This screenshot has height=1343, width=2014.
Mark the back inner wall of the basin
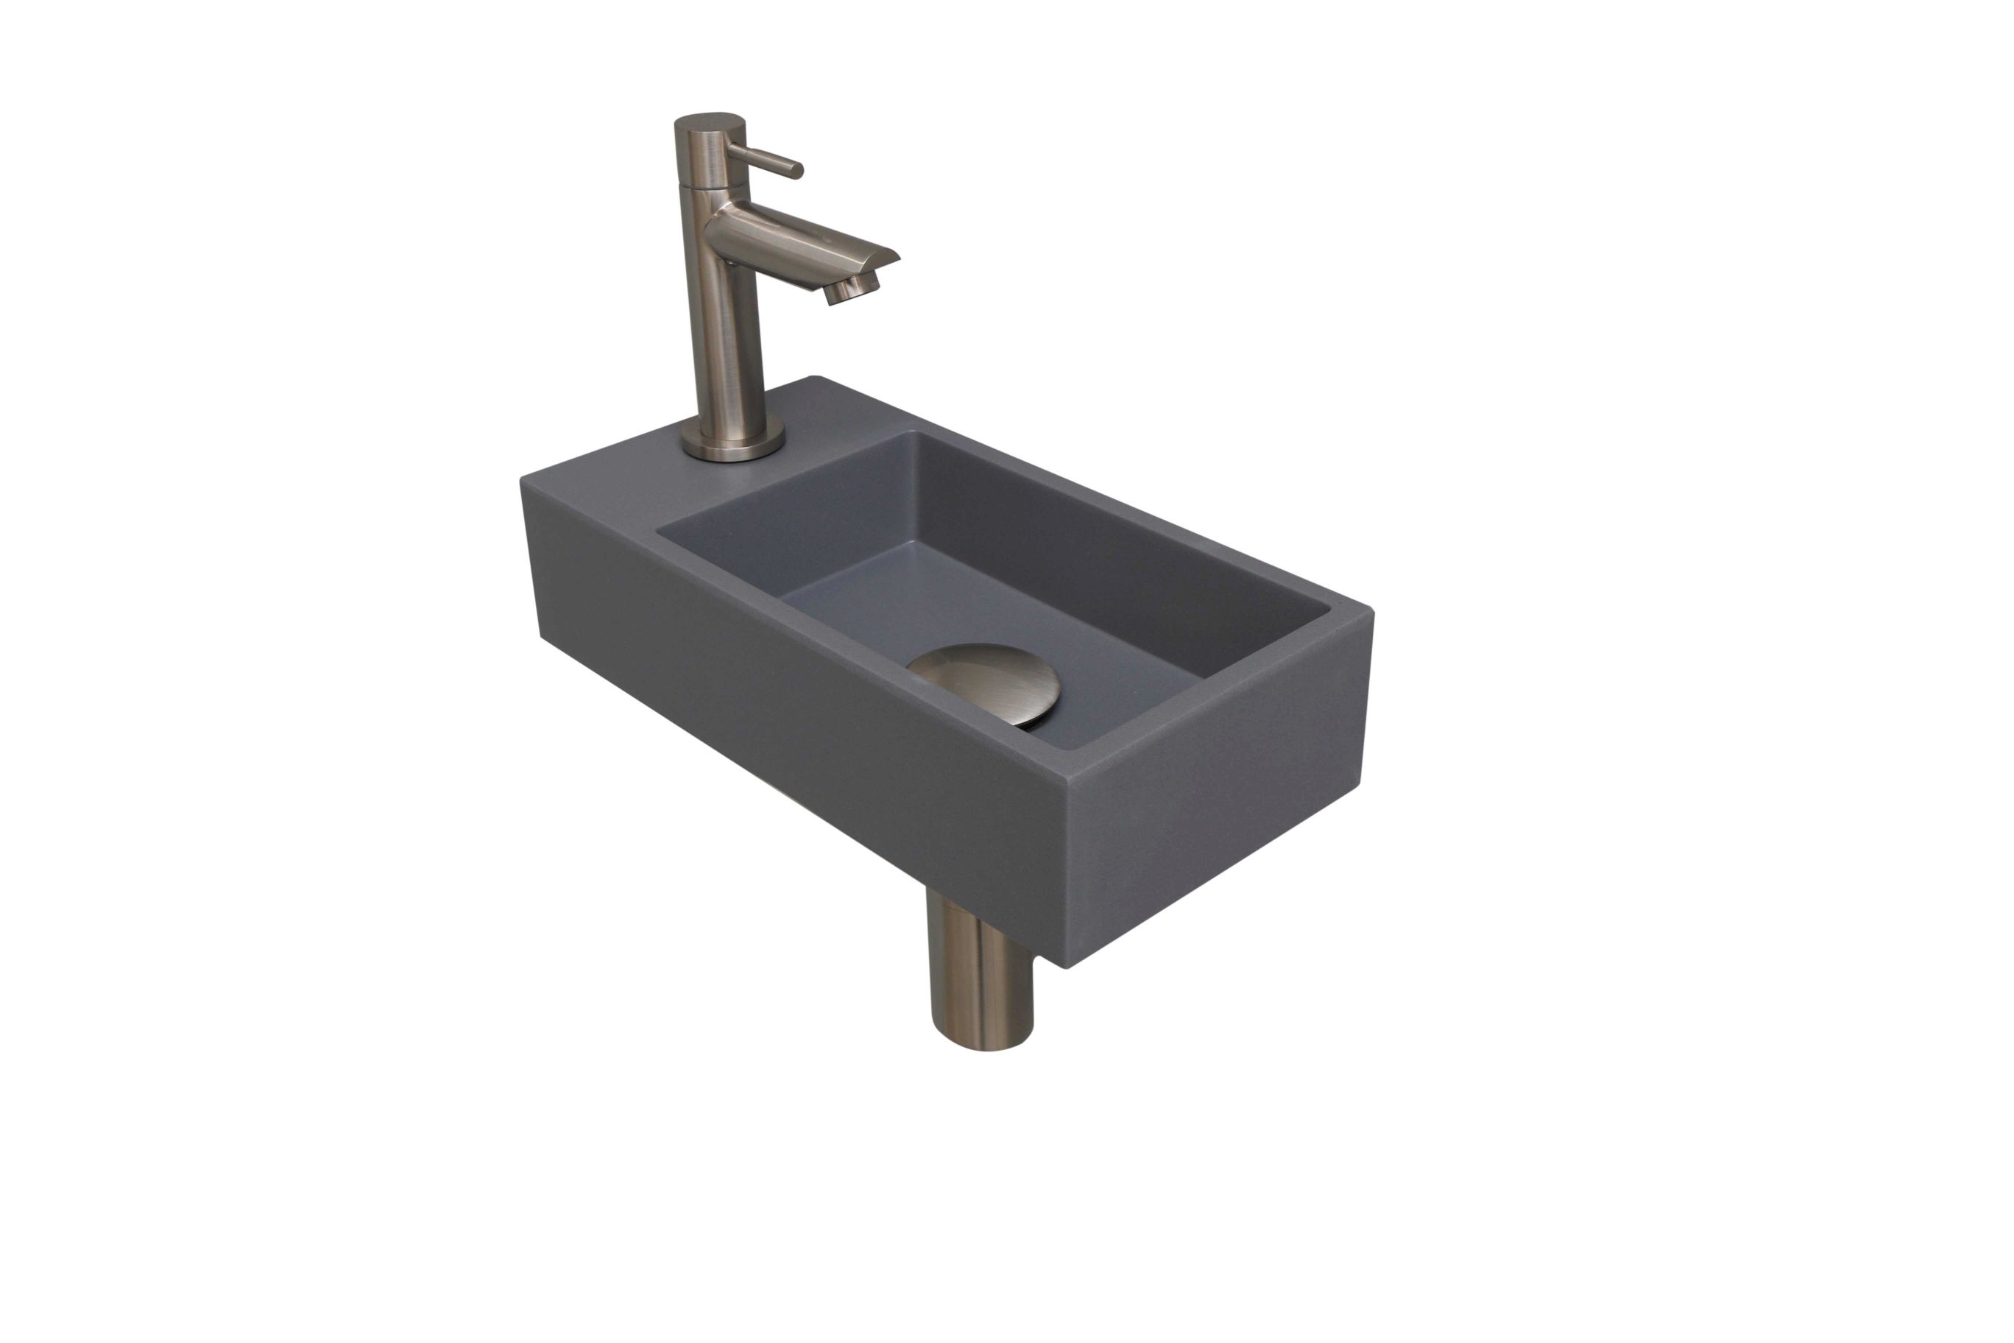click(1113, 557)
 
